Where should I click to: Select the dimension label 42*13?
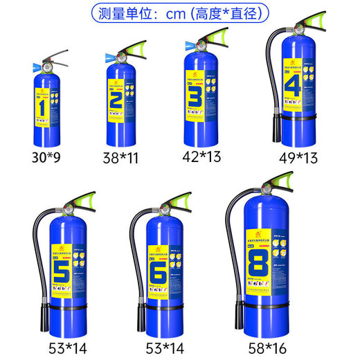[x=202, y=157]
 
